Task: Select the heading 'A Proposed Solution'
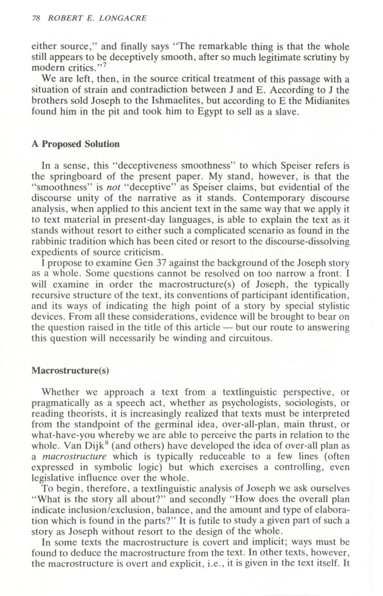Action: [x=75, y=144]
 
